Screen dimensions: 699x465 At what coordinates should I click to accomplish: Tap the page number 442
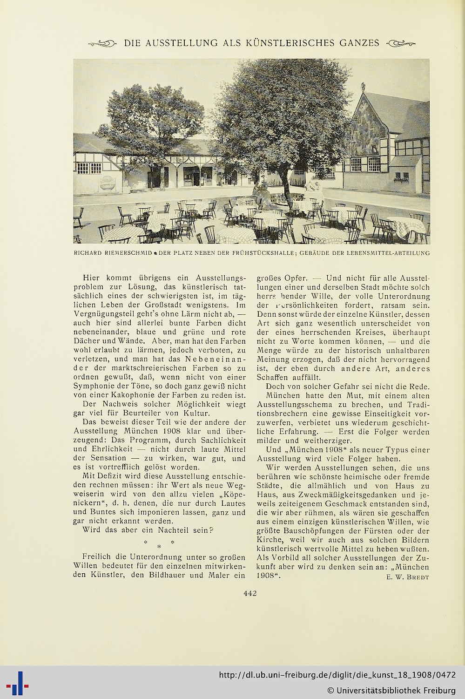tap(250, 593)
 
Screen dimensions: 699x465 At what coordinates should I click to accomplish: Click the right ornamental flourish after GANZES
tap(400, 44)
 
